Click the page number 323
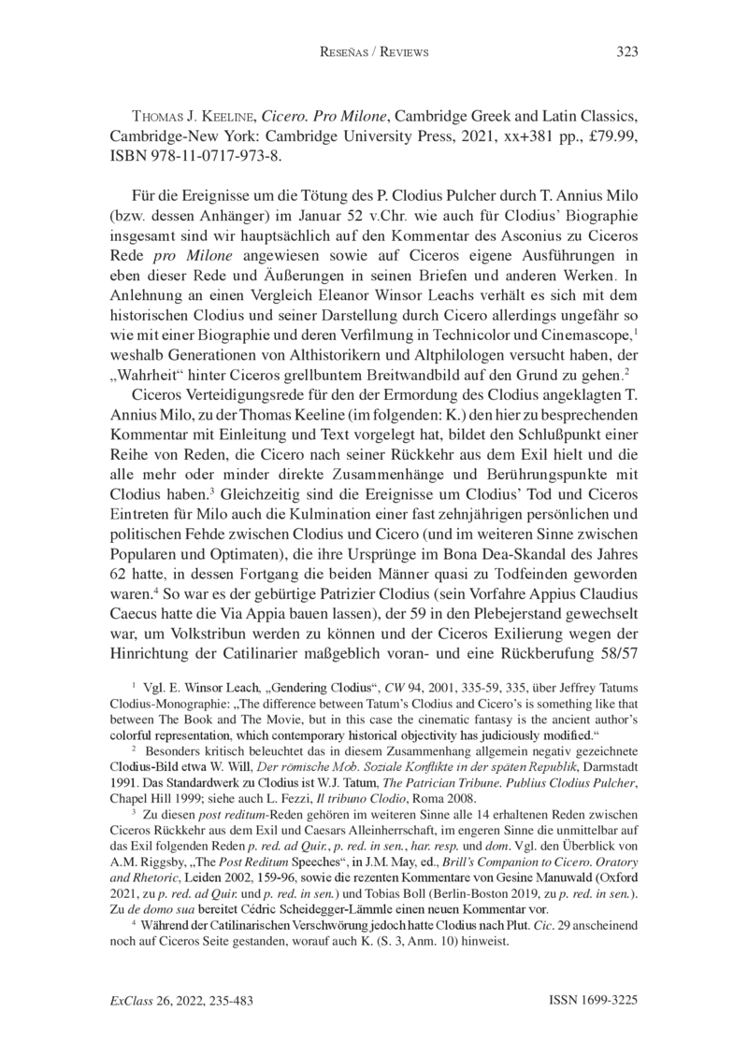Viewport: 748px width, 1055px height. [626, 51]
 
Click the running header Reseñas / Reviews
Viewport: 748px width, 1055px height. [373, 52]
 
